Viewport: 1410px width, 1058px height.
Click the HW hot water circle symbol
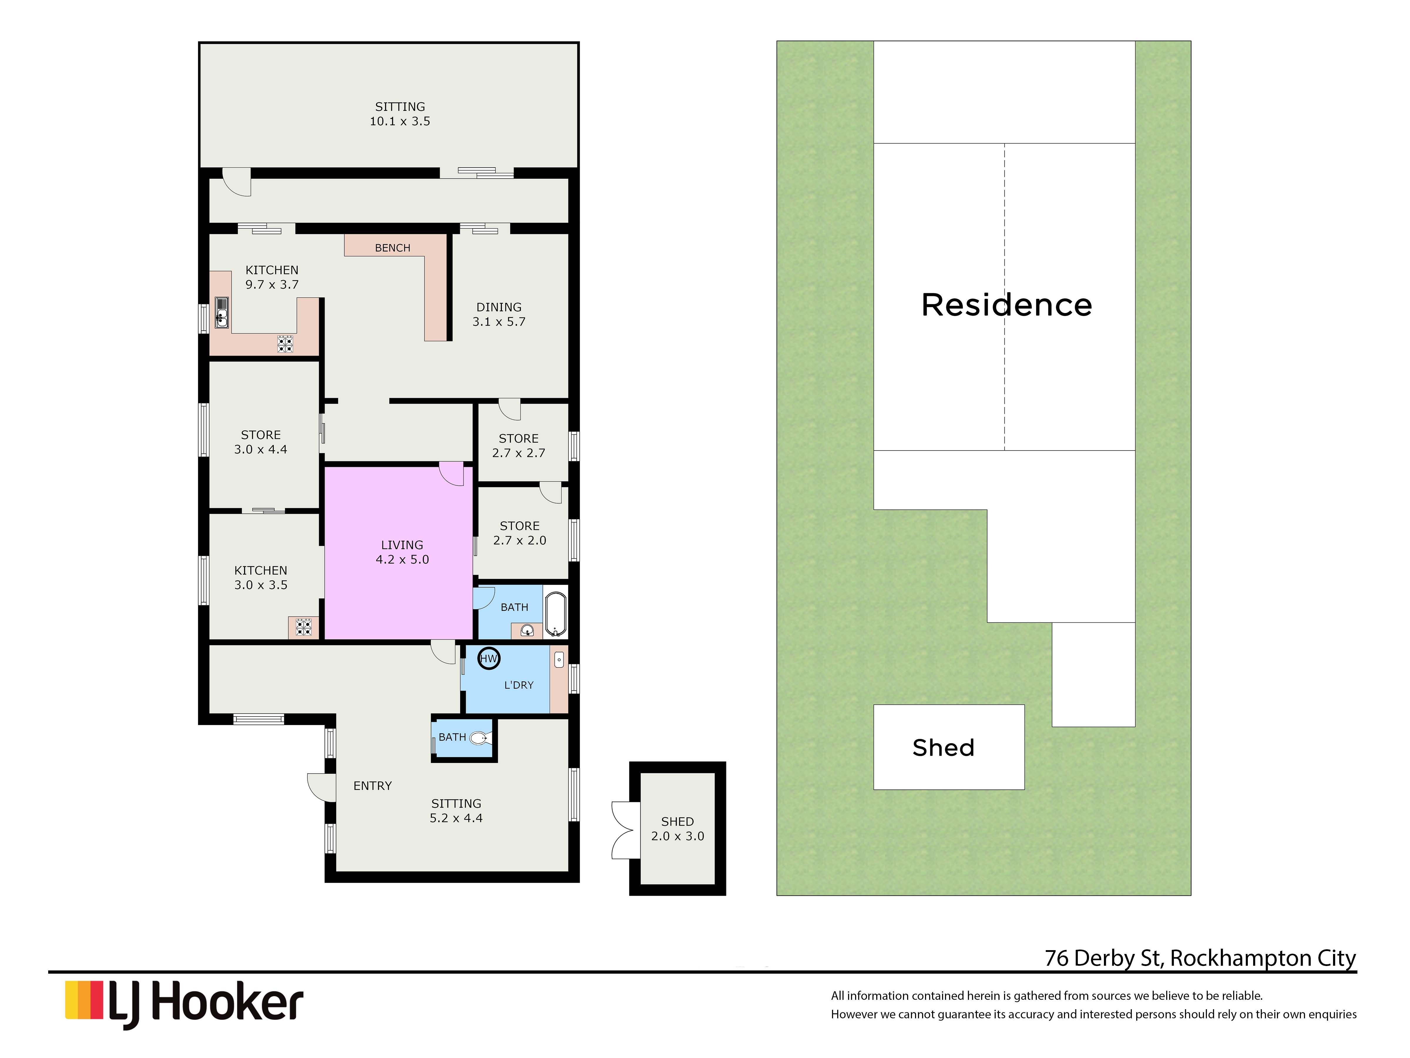488,659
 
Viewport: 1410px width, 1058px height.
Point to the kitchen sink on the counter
221,312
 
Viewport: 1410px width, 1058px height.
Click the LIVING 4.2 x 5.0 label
402,552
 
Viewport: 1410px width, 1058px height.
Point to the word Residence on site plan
1006,305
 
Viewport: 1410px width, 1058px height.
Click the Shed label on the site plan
944,747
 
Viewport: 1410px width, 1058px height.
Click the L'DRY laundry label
519,685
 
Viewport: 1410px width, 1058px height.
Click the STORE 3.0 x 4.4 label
261,442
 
